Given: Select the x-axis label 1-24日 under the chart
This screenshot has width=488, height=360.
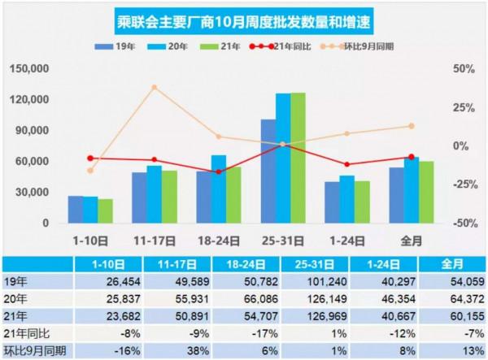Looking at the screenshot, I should click(347, 241).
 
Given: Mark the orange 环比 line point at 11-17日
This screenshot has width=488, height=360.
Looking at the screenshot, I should click(155, 87).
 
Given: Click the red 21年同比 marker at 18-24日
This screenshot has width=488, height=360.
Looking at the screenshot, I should click(219, 171).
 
